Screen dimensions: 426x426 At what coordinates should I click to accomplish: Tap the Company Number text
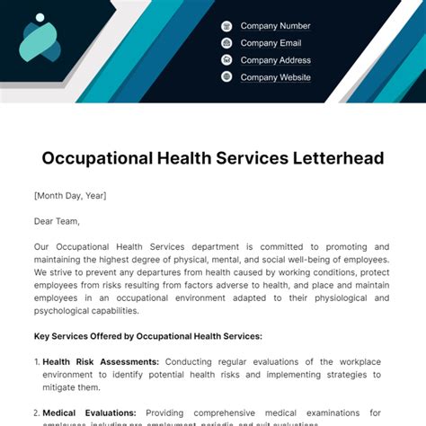[275, 26]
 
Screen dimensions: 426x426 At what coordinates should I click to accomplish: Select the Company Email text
[271, 43]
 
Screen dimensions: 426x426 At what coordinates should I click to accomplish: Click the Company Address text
[275, 60]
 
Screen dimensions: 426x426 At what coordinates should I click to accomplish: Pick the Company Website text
[275, 77]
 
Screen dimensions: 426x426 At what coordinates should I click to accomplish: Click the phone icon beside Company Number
[226, 26]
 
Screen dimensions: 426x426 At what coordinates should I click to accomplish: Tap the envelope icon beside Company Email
[226, 43]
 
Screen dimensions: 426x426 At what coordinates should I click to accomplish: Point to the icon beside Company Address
[226, 60]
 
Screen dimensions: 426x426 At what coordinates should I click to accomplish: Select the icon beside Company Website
[226, 77]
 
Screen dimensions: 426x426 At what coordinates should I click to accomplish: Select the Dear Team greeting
[57, 220]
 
